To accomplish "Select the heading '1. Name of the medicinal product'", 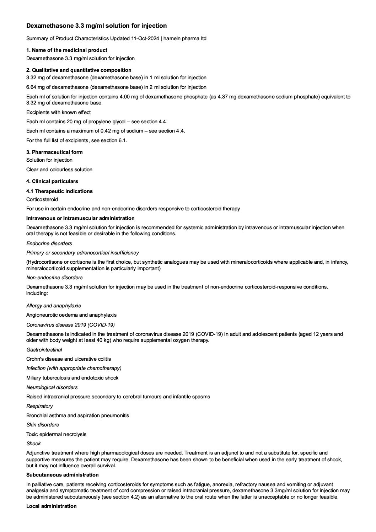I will [67, 50].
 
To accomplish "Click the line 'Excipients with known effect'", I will [58, 112].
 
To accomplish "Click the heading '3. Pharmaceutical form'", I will [54, 152].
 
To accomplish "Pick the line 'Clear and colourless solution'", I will [59, 170].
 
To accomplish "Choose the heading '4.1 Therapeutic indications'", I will [59, 191].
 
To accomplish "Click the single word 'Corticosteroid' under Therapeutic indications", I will [42, 199].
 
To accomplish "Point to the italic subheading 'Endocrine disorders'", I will [49, 243].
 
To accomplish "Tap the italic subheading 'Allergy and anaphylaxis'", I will [53, 306].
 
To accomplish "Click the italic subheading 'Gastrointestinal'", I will [44, 350].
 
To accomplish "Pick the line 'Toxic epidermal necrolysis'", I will [56, 434].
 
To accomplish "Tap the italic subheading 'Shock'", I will [33, 444].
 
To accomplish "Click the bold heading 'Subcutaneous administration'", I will [62, 475].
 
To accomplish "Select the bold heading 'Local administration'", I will [51, 506].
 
